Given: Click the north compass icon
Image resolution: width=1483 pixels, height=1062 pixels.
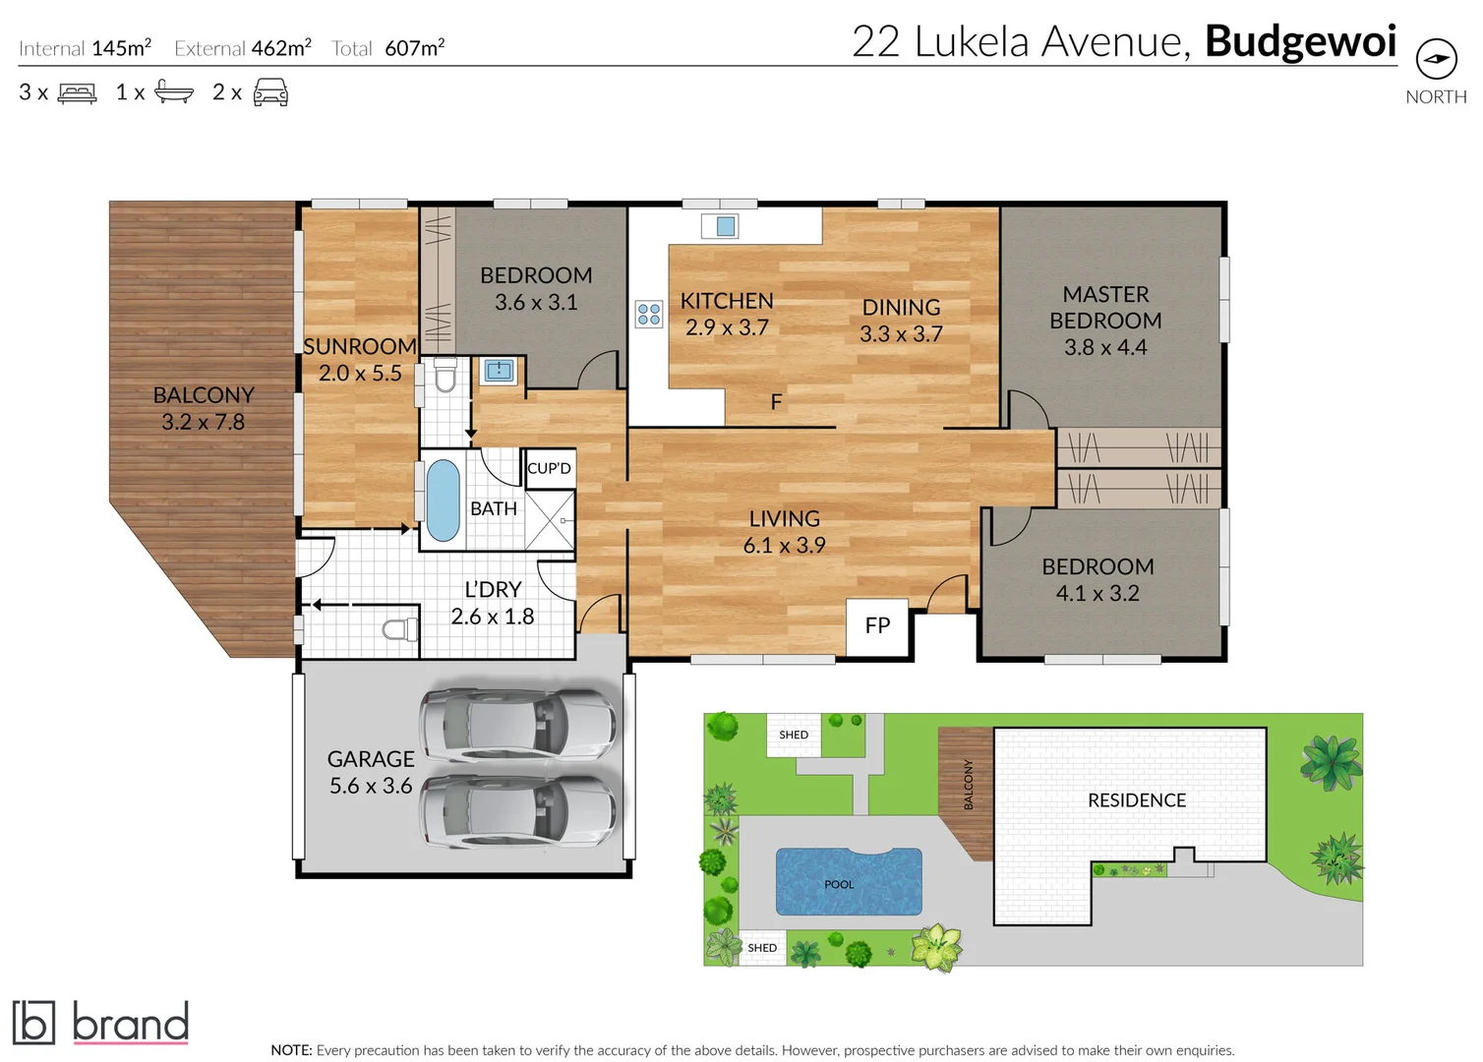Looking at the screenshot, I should tap(1436, 60).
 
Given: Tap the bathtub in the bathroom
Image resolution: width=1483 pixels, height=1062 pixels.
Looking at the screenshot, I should tap(444, 501).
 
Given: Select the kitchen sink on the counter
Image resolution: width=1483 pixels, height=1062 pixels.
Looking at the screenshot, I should tap(725, 227).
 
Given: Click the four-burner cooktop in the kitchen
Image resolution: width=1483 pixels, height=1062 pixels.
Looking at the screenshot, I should tap(649, 315).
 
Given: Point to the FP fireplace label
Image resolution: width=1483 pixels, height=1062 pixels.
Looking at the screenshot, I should tap(877, 626).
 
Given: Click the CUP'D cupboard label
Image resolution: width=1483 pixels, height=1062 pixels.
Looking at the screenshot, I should tap(549, 469).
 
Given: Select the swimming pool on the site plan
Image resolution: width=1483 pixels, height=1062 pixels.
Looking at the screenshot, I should tap(849, 882).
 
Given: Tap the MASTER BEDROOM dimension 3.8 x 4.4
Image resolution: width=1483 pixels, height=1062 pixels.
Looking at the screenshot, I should tap(1105, 347).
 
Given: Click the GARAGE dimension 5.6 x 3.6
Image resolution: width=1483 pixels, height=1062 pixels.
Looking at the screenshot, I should tap(371, 786).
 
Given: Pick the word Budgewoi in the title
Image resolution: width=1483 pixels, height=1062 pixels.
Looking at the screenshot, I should tap(1300, 42).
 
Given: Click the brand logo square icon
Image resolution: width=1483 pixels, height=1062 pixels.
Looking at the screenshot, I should tap(33, 1023).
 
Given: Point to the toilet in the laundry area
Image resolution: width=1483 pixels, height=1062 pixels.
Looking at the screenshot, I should tap(400, 628).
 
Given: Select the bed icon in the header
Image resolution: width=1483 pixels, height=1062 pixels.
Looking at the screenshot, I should tap(78, 93).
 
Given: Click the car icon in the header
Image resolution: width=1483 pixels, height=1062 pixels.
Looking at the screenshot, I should tap(270, 93).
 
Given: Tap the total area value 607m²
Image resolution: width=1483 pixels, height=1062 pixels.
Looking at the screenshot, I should tap(415, 48).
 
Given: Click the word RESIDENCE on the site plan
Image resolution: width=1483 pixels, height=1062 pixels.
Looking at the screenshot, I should tap(1137, 800).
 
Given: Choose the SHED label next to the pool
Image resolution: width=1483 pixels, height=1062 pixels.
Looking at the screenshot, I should tap(762, 948).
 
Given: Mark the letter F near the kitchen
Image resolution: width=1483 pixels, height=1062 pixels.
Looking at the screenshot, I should tap(776, 402).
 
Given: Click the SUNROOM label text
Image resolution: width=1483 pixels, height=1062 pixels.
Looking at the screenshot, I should tap(359, 347).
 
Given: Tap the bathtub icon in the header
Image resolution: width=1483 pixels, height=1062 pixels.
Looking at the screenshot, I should tap(174, 93).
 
